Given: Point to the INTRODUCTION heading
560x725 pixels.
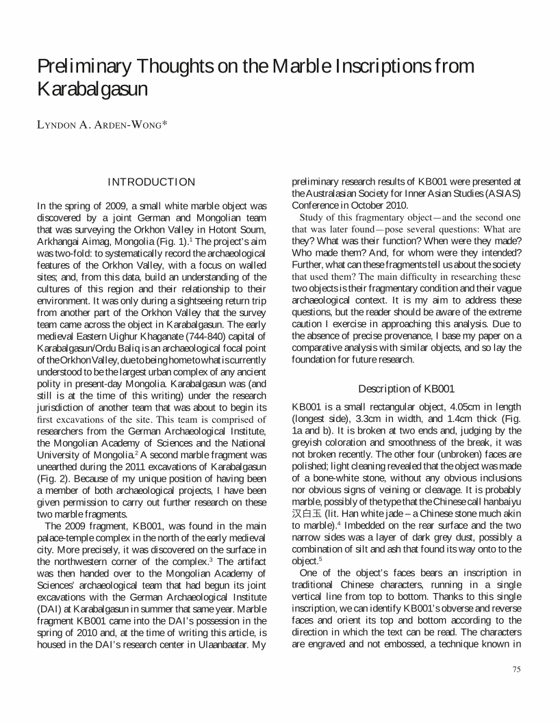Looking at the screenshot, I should tap(152, 182).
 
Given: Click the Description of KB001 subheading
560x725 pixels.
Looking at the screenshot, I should tap(407, 388).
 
